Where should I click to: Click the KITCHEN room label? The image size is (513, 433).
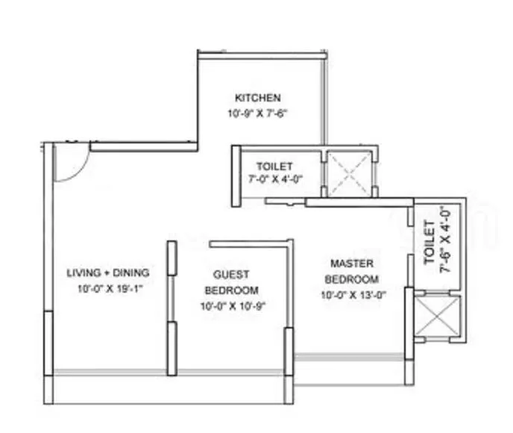(258, 98)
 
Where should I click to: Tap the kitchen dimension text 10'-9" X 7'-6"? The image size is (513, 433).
(258, 114)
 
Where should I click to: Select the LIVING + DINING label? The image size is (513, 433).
(108, 272)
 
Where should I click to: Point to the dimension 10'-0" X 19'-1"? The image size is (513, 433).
(108, 288)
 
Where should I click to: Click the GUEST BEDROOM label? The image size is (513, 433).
(232, 282)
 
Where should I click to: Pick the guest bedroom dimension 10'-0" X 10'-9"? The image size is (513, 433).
(232, 305)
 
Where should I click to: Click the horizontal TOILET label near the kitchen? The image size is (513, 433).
(274, 166)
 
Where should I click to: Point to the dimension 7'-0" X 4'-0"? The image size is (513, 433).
(274, 179)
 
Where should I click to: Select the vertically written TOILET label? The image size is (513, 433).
(429, 243)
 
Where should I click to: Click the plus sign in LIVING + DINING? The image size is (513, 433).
(110, 272)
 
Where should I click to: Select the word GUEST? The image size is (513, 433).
(232, 274)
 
